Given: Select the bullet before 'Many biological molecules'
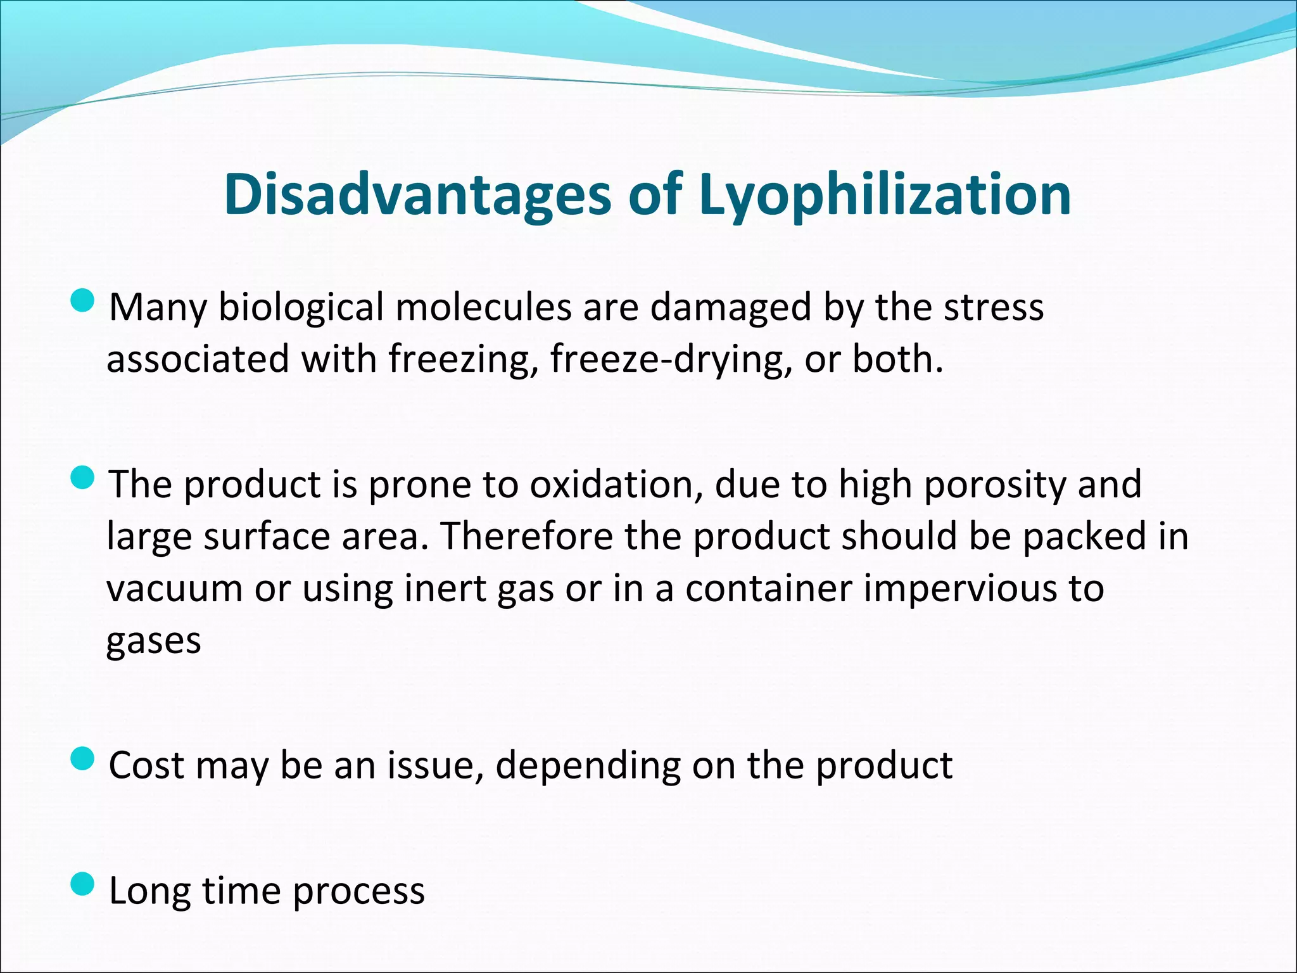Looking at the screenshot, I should pos(82,302).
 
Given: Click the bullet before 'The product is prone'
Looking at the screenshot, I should pos(82,478).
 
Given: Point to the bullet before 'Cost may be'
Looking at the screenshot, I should pos(82,758).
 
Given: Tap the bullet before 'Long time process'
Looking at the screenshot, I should pos(82,884).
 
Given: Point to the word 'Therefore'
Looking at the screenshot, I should pos(526,536).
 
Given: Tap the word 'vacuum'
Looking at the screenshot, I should pos(175,588).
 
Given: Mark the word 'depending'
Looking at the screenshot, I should pos(588,765).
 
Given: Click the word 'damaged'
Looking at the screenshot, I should pos(730,308).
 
